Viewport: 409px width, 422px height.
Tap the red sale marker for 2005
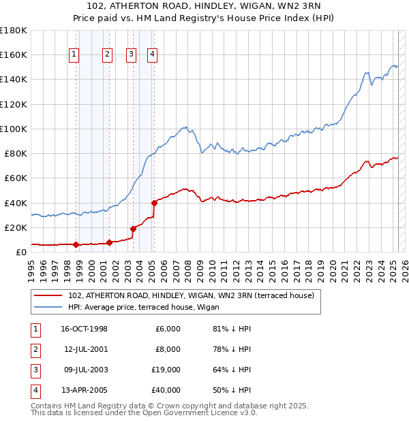click(x=155, y=202)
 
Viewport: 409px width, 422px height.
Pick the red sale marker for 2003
click(x=134, y=229)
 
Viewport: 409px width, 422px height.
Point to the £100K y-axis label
click(x=14, y=129)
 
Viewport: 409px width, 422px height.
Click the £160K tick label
click(x=14, y=55)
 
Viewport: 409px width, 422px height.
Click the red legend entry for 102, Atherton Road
click(x=191, y=295)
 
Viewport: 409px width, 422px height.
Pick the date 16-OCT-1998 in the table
click(x=84, y=329)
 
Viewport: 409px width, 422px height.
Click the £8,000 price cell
click(x=168, y=349)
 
